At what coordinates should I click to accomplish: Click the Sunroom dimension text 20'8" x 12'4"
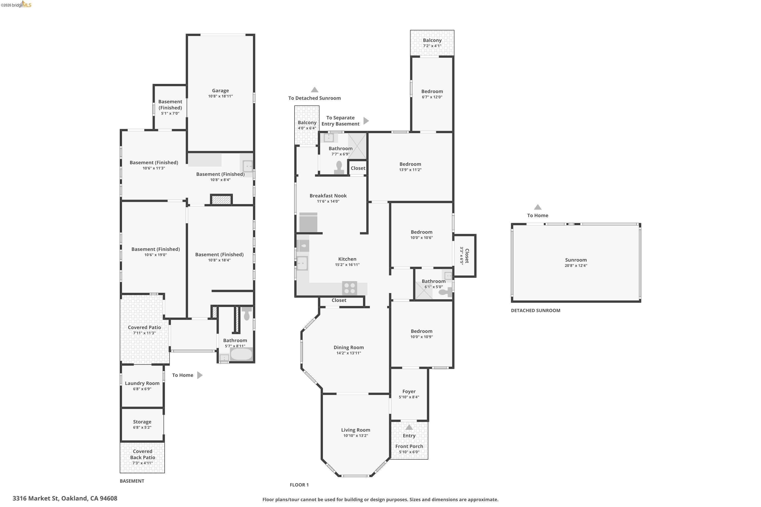coord(576,265)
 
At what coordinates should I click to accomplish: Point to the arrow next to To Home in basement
coord(200,375)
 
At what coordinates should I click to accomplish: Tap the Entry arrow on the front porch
coord(409,427)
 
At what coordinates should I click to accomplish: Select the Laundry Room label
coord(142,383)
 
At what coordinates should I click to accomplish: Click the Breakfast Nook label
coord(328,196)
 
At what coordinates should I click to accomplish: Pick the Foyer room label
coord(409,391)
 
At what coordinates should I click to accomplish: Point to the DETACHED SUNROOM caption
coord(535,310)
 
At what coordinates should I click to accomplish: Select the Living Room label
coord(355,430)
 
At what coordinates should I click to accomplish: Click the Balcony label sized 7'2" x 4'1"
coord(432,40)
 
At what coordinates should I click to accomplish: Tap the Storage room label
coord(142,422)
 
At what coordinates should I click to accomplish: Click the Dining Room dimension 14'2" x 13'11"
coord(349,353)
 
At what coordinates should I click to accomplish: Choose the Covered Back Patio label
coord(142,454)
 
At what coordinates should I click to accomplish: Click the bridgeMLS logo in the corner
coord(16,5)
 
